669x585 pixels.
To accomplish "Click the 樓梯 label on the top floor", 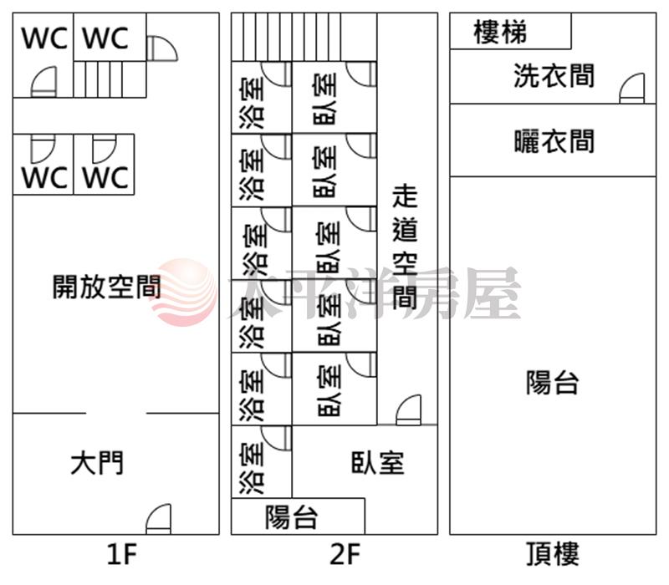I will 500,33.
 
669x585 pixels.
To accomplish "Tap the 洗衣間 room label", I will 554,77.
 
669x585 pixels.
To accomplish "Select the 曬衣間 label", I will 554,141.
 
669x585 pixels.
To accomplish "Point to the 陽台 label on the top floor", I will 552,384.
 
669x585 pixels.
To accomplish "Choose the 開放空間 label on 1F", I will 107,287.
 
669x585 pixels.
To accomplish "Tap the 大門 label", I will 98,462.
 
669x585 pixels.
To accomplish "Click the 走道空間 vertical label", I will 405,247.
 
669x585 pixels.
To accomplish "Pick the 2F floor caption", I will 344,554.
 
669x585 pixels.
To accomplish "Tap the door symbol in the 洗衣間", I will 632,89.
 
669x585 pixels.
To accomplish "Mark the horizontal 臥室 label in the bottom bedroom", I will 377,462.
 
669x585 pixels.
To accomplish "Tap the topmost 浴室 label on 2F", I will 250,98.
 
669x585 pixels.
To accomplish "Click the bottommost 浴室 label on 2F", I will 250,462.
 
